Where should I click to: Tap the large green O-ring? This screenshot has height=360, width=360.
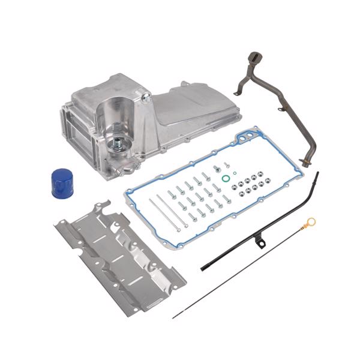[x=224, y=178]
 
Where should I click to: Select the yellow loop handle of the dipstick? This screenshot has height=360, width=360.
[x=311, y=224]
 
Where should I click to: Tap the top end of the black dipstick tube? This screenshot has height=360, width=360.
[x=317, y=175]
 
